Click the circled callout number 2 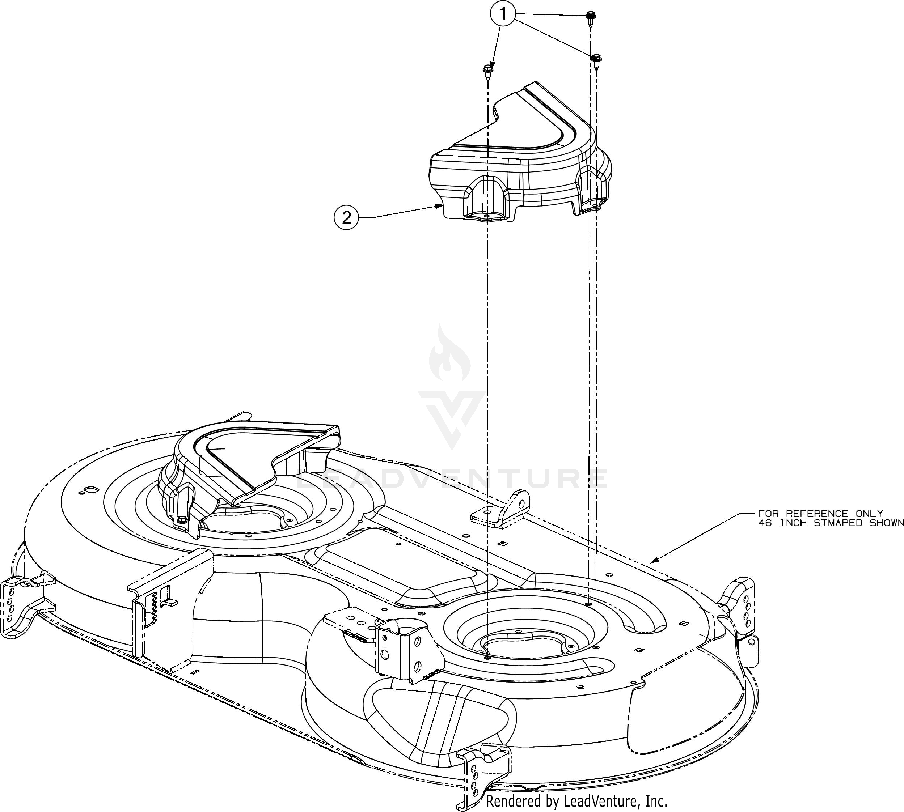346,217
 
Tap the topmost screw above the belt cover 589,17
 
